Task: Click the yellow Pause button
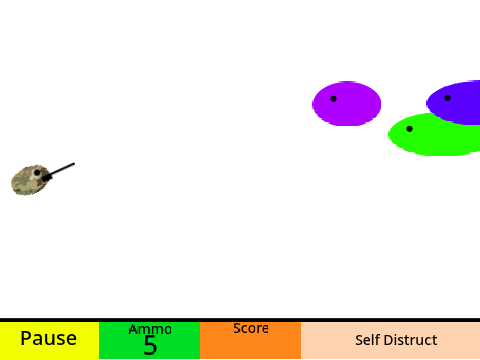pyautogui.click(x=49, y=340)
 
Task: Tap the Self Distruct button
pyautogui.click(x=390, y=340)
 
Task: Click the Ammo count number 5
pyautogui.click(x=150, y=345)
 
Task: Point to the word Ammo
pyautogui.click(x=150, y=329)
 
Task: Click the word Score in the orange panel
pyautogui.click(x=251, y=328)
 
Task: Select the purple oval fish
pyautogui.click(x=347, y=104)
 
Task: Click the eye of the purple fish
pyautogui.click(x=333, y=99)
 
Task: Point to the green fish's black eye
pyautogui.click(x=409, y=129)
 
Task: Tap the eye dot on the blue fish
pyautogui.click(x=447, y=98)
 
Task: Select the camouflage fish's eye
pyautogui.click(x=37, y=173)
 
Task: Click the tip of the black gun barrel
pyautogui.click(x=74, y=163)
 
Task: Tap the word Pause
pyautogui.click(x=49, y=338)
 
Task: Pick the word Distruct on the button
pyautogui.click(x=407, y=340)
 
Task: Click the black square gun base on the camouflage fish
pyautogui.click(x=47, y=177)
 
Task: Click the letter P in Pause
pyautogui.click(x=26, y=338)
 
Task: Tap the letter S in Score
pyautogui.click(x=237, y=328)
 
